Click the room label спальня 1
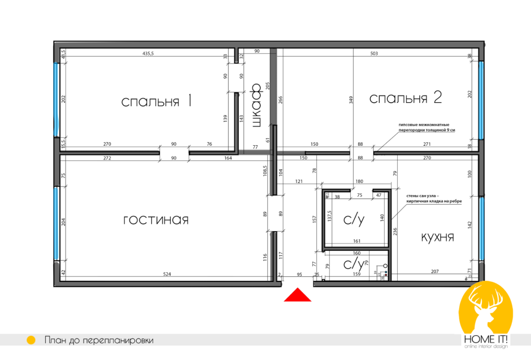156,101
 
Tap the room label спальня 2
404,98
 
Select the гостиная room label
155,220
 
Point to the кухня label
437,237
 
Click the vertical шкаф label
255,106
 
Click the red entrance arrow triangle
297,296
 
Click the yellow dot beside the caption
32,340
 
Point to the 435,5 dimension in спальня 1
149,53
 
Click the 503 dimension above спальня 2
373,53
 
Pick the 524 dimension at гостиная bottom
167,274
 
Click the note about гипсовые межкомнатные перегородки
426,127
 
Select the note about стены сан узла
433,198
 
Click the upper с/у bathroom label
354,220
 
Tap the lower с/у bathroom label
354,264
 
